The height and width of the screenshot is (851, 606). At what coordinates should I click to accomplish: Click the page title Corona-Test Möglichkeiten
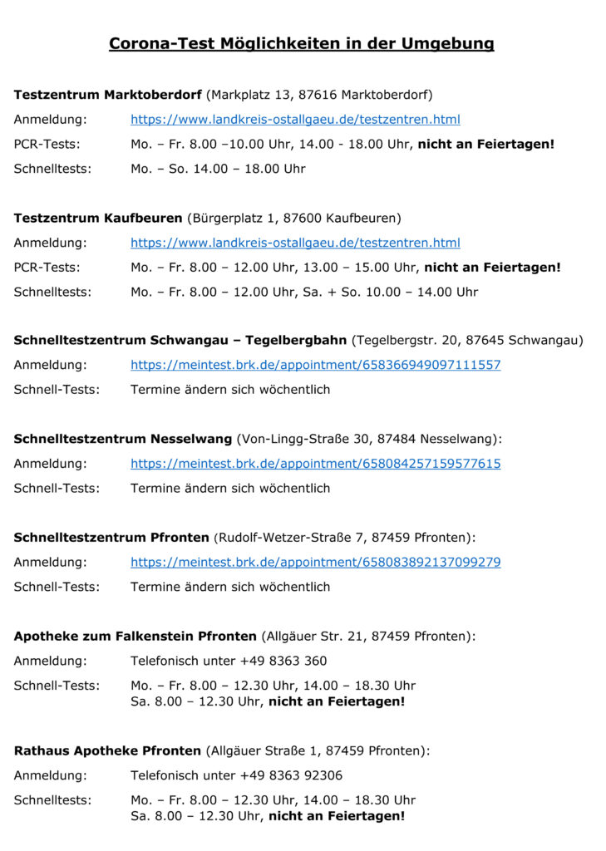point(301,43)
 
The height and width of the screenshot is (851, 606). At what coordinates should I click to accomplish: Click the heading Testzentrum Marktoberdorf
point(108,95)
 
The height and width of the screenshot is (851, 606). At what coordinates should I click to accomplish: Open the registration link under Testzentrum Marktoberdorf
point(295,120)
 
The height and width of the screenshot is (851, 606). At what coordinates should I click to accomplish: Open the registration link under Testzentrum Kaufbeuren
point(295,243)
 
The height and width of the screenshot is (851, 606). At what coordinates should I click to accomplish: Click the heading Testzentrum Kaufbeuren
point(98,218)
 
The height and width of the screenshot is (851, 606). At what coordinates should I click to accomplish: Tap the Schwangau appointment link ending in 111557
point(315,365)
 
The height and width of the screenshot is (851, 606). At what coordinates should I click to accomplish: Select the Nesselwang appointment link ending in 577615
point(315,464)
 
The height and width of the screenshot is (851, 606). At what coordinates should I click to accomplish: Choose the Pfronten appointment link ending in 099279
point(315,563)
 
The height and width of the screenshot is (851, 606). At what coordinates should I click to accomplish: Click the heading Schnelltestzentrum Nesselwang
point(123,439)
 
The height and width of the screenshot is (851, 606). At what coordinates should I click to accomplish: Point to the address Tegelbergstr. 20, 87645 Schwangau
point(467,341)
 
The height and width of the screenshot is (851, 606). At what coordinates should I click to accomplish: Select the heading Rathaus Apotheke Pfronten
point(107,751)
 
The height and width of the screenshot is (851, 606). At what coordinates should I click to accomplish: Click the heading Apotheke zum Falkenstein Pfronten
point(135,637)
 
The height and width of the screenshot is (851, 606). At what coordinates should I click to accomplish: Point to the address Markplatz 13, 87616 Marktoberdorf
point(319,95)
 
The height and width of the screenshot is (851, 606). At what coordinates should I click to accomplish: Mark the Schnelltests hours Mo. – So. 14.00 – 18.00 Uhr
point(218,169)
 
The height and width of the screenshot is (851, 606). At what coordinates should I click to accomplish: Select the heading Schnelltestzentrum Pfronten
point(111,538)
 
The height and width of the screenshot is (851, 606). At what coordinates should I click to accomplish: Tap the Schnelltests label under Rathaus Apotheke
point(52,800)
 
